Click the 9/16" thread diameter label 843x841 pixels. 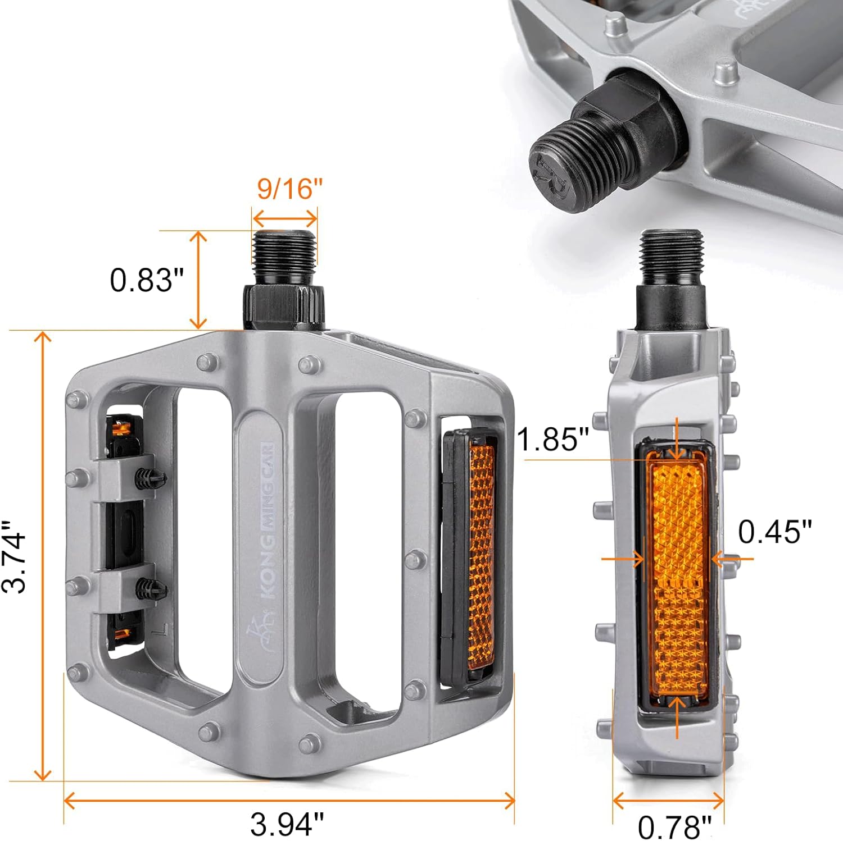click(290, 189)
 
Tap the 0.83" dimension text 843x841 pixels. click(147, 280)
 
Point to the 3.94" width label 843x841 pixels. click(287, 824)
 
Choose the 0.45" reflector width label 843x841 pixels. click(775, 531)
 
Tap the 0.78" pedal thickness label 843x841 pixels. click(674, 826)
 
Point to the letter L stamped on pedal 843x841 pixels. click(162, 629)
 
